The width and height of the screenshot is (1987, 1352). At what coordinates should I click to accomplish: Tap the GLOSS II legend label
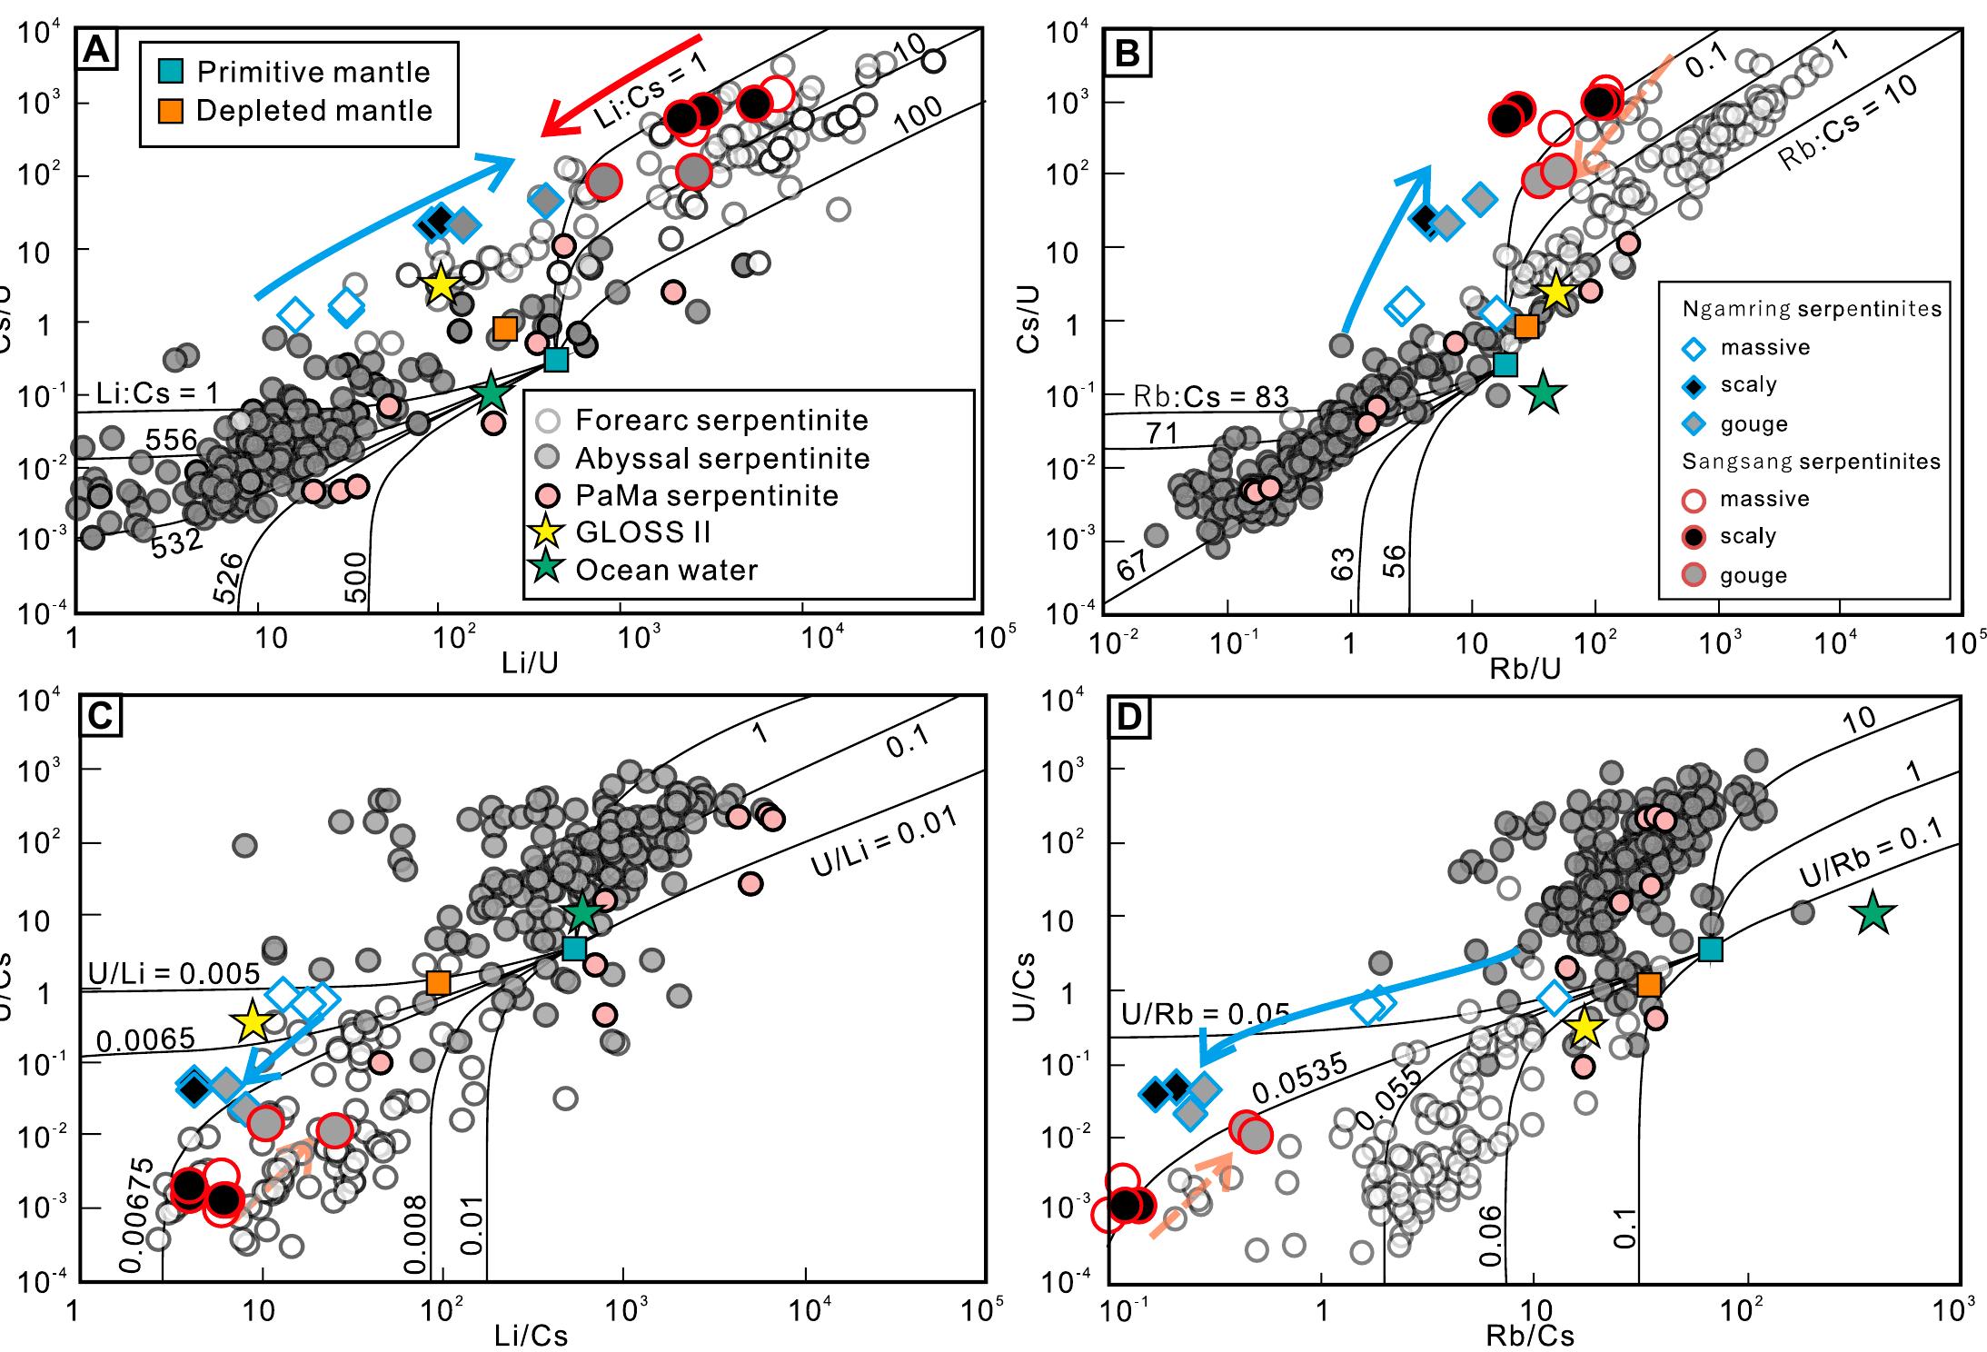point(641,532)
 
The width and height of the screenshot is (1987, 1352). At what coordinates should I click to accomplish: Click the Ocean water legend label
point(665,570)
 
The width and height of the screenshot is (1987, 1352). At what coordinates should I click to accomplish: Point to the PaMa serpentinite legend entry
point(706,495)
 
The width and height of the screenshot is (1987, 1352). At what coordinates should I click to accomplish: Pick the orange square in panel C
point(438,982)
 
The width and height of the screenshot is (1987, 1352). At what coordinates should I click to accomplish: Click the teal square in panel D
point(1711,949)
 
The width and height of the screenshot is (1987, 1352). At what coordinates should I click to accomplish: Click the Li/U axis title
point(530,664)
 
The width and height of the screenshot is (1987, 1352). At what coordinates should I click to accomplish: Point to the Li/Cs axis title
point(531,1335)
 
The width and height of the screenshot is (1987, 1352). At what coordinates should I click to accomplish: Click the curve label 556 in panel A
point(172,441)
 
